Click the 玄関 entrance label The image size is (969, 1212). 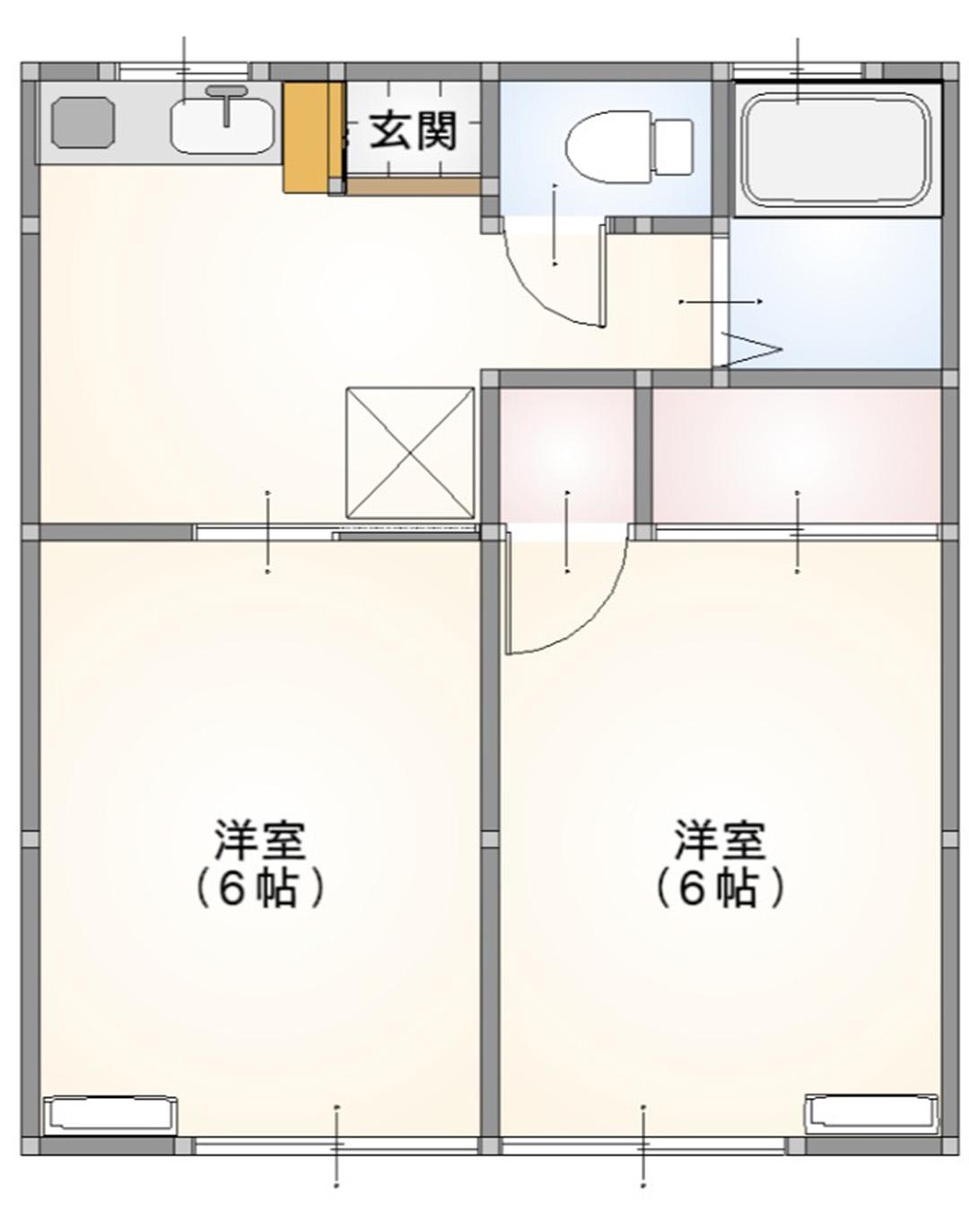(414, 131)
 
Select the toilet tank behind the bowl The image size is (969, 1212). (673, 146)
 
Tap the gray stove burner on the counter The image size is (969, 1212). (84, 122)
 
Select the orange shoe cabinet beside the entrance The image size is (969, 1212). (305, 136)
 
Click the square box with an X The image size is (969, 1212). (410, 452)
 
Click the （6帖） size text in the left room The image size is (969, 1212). (260, 889)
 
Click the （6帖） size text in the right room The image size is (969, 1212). (720, 889)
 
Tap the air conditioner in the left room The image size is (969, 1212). (110, 1113)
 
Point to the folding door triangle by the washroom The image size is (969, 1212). (752, 348)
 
